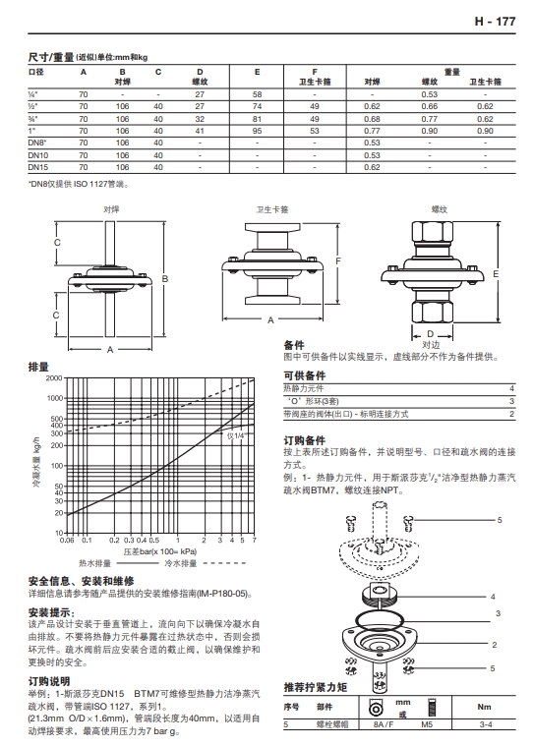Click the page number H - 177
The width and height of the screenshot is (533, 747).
(495, 21)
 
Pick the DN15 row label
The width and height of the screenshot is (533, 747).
(38, 167)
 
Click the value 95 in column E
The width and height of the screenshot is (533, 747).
(258, 130)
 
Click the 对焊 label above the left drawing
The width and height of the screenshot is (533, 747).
(111, 209)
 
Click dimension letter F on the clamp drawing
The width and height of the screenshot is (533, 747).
(338, 261)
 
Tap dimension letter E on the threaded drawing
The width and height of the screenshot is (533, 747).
(498, 272)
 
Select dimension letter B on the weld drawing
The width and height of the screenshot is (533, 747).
(165, 280)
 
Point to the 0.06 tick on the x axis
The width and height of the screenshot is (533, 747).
(67, 541)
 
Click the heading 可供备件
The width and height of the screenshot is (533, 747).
(304, 375)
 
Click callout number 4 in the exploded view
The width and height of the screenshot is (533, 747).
(491, 597)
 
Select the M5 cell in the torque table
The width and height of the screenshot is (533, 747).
(427, 725)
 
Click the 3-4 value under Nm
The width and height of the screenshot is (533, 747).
(484, 725)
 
